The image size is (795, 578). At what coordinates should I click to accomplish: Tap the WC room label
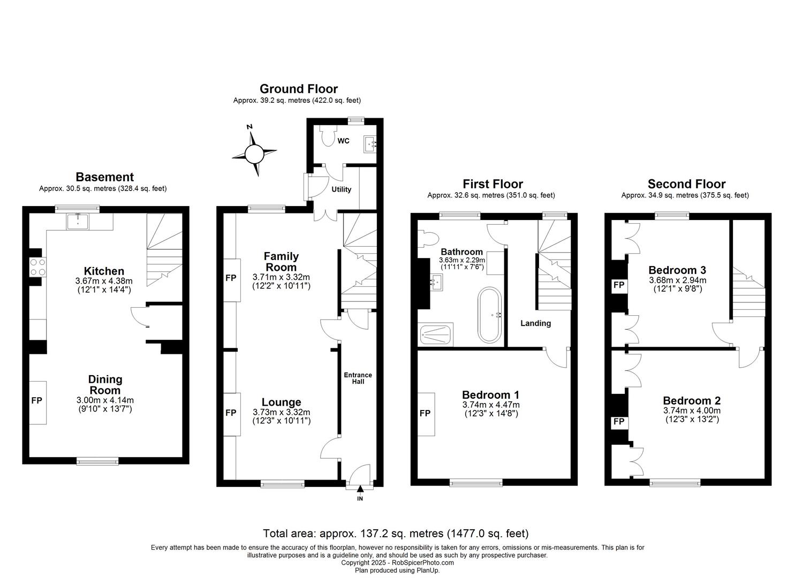tap(343, 141)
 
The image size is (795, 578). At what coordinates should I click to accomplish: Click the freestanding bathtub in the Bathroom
tap(490, 315)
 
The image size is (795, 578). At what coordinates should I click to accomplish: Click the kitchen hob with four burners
tap(37, 267)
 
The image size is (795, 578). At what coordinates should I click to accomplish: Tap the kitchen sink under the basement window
tap(78, 221)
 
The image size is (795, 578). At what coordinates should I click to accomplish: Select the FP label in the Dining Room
tap(37, 400)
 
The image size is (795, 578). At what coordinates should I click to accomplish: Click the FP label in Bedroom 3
tap(619, 285)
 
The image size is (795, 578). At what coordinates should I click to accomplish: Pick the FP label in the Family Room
tap(231, 278)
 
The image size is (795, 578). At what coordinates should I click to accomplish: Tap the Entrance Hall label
tap(358, 378)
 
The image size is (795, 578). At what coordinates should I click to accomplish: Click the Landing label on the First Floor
tap(535, 323)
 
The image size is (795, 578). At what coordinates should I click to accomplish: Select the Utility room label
tap(341, 189)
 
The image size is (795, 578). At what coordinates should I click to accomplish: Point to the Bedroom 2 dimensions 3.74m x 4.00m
tap(692, 410)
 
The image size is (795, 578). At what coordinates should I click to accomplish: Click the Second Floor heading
tap(686, 184)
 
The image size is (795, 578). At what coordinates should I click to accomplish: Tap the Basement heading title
tap(104, 177)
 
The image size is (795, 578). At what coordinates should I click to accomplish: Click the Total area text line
tap(396, 534)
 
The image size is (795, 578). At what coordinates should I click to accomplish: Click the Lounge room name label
tap(281, 402)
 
